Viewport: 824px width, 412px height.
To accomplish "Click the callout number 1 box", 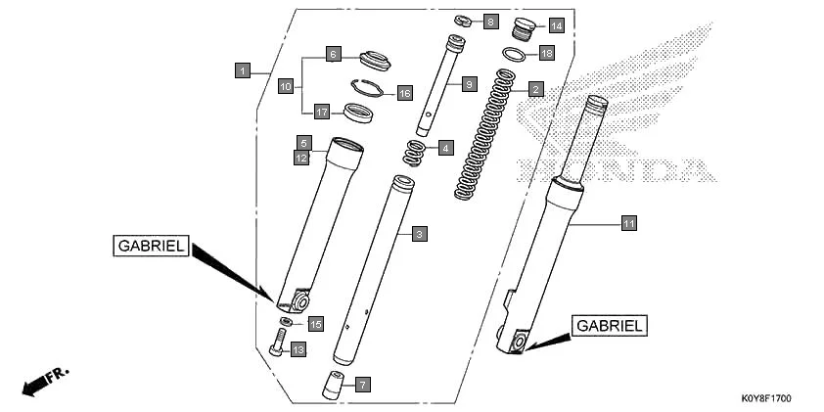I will coord(242,70).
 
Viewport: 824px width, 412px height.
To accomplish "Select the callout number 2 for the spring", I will coord(535,89).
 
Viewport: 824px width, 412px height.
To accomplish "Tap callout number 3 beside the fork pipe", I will coord(418,234).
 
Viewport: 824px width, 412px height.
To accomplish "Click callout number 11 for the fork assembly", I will coord(629,224).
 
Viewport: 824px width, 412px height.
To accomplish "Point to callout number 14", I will coord(556,25).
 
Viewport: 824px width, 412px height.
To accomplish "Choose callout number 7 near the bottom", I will coord(361,385).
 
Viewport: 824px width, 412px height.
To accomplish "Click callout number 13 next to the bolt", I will coord(298,349).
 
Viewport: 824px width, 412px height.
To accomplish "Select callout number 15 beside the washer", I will coord(315,323).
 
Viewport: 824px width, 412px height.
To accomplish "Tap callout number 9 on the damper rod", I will coord(469,85).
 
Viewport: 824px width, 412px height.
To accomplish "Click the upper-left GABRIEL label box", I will coord(151,247).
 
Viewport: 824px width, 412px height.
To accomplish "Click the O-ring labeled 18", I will coord(517,54).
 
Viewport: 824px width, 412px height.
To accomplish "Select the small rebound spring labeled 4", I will coord(414,152).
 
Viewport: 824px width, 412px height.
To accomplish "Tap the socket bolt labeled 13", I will coord(276,343).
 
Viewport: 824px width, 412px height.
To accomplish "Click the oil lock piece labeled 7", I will coord(334,384).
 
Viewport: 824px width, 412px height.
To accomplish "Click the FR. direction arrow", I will coord(44,381).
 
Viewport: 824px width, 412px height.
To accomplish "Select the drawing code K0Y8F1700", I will coord(765,399).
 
